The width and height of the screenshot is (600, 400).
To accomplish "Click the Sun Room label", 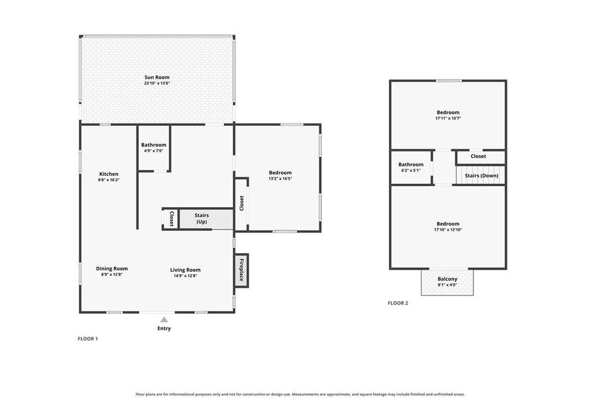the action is pyautogui.click(x=157, y=77).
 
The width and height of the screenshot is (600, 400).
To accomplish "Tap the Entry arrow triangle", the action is pyautogui.click(x=164, y=320).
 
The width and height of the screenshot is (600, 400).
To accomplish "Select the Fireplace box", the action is pyautogui.click(x=241, y=271).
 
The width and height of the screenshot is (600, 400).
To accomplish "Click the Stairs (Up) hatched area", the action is pyautogui.click(x=206, y=219).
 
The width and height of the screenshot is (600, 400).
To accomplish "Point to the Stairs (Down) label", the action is pyautogui.click(x=482, y=176).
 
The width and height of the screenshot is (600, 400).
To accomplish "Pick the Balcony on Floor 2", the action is pyautogui.click(x=447, y=282).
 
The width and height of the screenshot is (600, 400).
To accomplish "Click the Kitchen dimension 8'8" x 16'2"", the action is pyautogui.click(x=108, y=180).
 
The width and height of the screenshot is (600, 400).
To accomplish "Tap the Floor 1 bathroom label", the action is pyautogui.click(x=154, y=145).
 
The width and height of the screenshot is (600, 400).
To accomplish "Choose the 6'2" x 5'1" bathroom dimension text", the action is pyautogui.click(x=411, y=170).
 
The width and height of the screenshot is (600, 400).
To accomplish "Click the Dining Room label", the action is pyautogui.click(x=112, y=268).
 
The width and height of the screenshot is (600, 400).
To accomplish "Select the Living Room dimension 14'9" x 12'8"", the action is pyautogui.click(x=185, y=276).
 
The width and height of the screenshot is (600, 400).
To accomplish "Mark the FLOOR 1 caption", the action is pyautogui.click(x=88, y=339).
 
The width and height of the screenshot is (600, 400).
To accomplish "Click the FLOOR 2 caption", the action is pyautogui.click(x=398, y=303).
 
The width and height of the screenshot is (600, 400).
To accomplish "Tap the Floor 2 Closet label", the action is pyautogui.click(x=478, y=156).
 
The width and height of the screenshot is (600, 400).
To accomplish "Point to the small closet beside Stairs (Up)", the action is pyautogui.click(x=171, y=219).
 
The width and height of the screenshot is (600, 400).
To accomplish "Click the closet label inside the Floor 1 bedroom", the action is pyautogui.click(x=241, y=203).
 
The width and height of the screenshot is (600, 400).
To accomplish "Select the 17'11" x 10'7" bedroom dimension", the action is pyautogui.click(x=448, y=118).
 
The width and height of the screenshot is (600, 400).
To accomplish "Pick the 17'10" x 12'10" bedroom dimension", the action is pyautogui.click(x=448, y=230).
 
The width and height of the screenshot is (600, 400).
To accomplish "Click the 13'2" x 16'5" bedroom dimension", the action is pyautogui.click(x=280, y=179).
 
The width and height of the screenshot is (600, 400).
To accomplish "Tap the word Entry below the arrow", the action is pyautogui.click(x=164, y=329).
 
